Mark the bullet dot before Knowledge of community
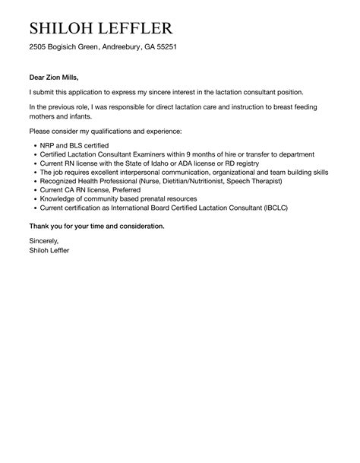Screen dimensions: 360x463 pyautogui.click(x=34, y=199)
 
